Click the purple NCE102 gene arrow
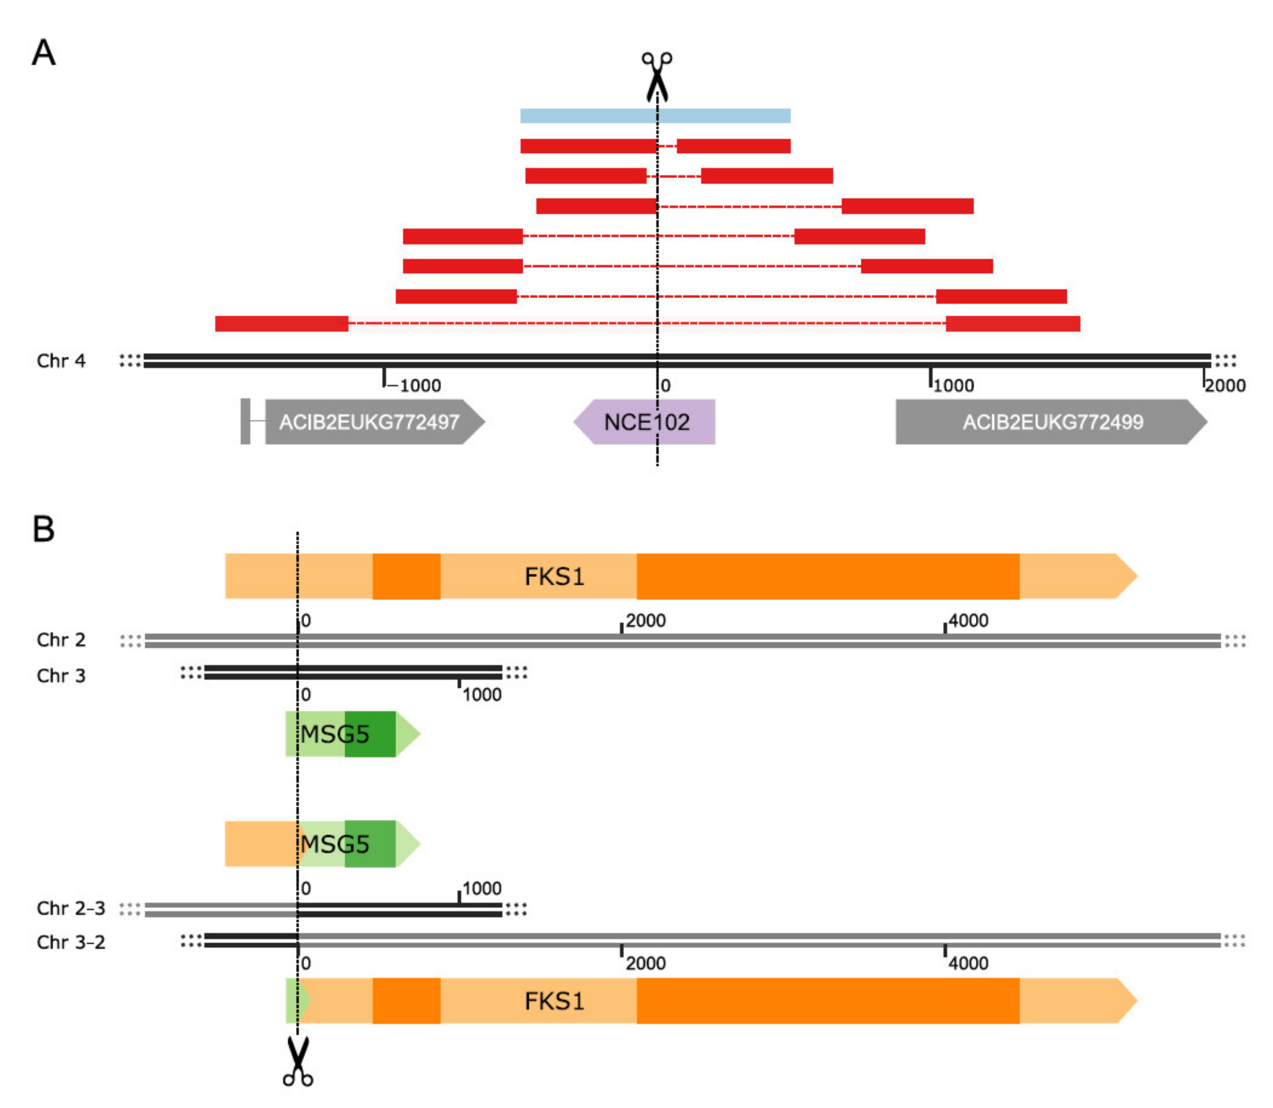645,422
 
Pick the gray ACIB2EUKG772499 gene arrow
1050,422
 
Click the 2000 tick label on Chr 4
1225,386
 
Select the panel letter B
43,529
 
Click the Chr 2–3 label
71,908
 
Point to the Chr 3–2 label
71,942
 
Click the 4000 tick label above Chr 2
968,621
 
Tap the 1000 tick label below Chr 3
482,695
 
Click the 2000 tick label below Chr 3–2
645,963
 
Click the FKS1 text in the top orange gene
554,577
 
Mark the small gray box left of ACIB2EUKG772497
245,422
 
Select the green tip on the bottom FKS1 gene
293,1001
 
